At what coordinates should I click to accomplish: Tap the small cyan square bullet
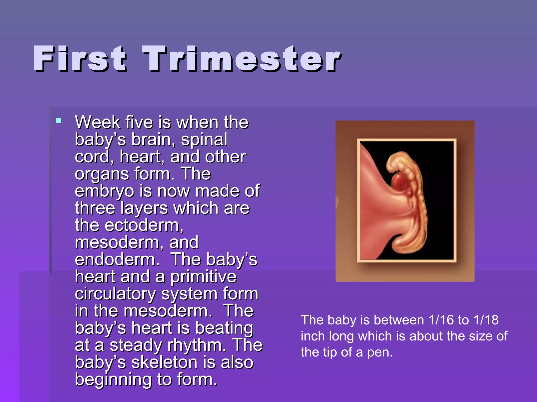[x=59, y=121]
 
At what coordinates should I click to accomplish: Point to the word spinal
[x=204, y=139]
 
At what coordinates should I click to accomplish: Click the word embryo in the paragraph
[x=104, y=191]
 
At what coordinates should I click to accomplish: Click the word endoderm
[x=117, y=260]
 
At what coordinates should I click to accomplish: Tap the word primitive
[x=203, y=277]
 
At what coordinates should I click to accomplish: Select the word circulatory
[x=115, y=294]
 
